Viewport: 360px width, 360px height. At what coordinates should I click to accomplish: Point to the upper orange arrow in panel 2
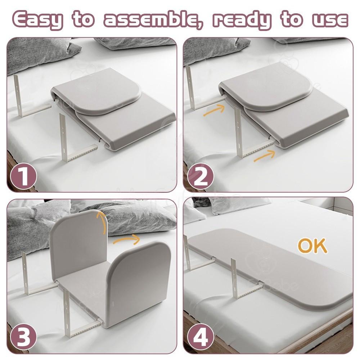(214, 110)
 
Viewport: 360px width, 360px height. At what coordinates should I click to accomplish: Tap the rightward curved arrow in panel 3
(126, 239)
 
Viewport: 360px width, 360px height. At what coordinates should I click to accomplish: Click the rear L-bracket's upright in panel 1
(17, 94)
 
